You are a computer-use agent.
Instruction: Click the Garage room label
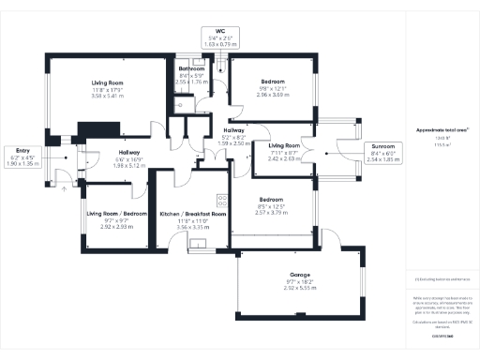[299, 275]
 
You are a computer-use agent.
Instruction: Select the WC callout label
[221, 31]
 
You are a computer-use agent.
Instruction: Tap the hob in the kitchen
[222, 199]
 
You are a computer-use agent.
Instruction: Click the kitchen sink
[199, 247]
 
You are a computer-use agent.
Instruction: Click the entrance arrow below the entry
[64, 188]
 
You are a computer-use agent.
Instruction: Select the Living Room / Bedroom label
[117, 214]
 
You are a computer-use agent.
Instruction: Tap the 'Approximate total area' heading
[443, 130]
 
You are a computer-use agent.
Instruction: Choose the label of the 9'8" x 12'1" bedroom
[272, 82]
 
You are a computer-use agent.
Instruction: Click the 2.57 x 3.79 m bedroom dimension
[272, 213]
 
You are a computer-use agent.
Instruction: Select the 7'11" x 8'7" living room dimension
[283, 153]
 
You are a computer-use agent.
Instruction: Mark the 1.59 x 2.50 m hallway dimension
[235, 144]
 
